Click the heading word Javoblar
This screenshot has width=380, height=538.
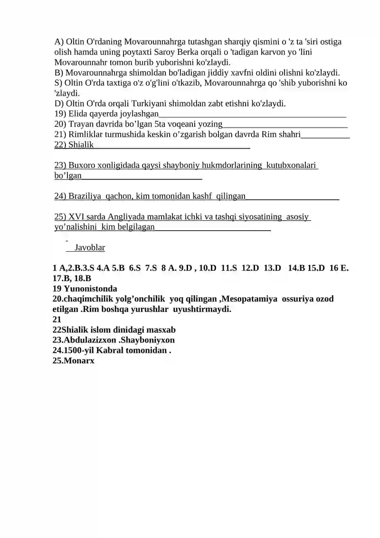pos(90,248)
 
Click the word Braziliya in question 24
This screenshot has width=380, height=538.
pos(85,196)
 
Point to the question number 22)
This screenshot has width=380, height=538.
pos(60,145)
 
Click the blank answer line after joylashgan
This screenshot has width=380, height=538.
pos(252,115)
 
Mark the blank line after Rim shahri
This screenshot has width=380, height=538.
pos(325,135)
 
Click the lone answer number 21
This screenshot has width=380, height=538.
pos(57,320)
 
